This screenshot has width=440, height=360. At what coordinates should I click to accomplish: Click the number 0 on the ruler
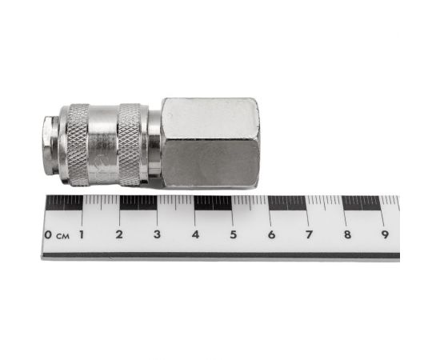[x=48, y=234]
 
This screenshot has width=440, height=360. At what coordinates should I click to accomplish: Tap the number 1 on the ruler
[x=82, y=234]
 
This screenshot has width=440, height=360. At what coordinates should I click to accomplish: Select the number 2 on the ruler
[x=119, y=234]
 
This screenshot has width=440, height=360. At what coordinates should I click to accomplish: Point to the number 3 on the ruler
[x=157, y=234]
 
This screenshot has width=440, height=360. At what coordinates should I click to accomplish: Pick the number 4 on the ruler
[x=195, y=234]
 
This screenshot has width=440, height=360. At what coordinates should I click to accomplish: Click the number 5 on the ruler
[x=233, y=234]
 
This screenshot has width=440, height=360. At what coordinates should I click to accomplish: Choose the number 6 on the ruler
[x=271, y=234]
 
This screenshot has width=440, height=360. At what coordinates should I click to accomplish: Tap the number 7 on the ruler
[x=310, y=234]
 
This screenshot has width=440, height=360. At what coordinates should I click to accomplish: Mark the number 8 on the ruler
[x=348, y=234]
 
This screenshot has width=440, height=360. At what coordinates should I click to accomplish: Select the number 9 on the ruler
[x=386, y=234]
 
